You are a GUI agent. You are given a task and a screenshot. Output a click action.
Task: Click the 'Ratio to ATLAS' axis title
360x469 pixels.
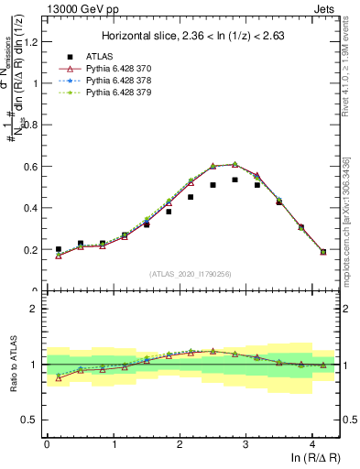12,364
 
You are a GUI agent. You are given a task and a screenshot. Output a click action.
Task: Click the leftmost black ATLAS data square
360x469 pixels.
59,249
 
